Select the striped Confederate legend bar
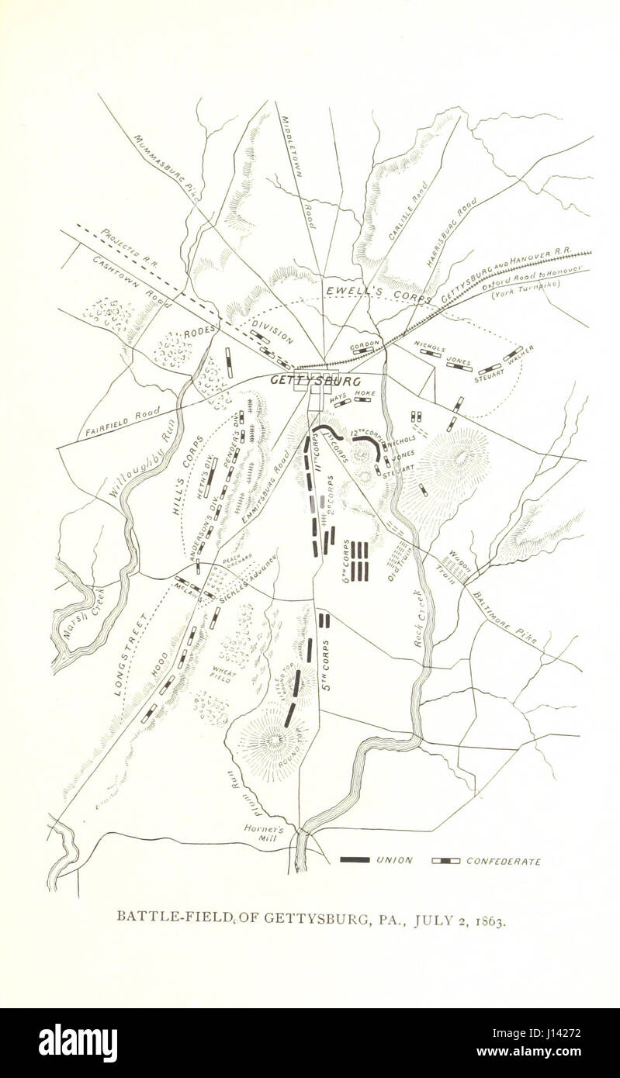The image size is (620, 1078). tap(446, 860)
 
